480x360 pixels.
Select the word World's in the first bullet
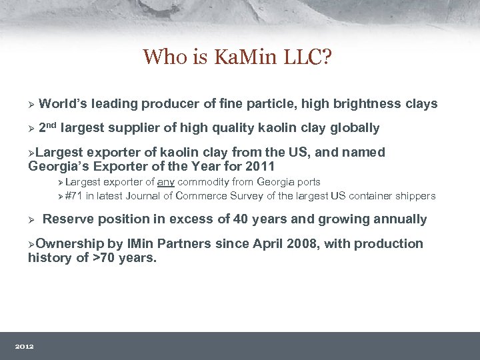click(x=64, y=104)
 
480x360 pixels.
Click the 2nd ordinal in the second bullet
click(x=49, y=127)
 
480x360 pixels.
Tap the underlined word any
click(x=166, y=182)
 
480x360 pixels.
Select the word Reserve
click(x=67, y=219)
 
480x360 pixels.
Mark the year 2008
click(x=303, y=244)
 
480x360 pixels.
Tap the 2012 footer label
click(x=25, y=346)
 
